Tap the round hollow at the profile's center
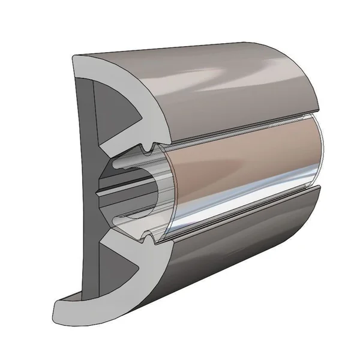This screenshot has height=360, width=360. pos(129,191)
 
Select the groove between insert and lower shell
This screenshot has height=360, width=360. pos(240,225)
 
